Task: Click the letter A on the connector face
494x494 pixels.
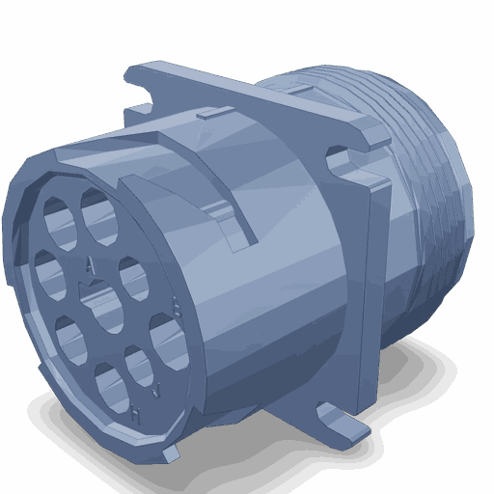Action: pos(90,262)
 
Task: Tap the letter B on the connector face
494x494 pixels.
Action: pos(174,307)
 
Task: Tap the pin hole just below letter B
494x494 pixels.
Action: pos(167,341)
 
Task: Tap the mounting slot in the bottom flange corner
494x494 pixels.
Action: pos(338,416)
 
